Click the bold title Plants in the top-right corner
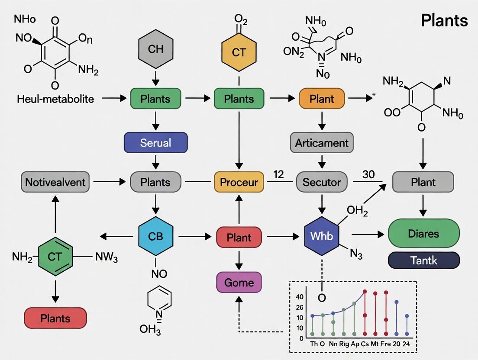pos(444,20)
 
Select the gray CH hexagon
pos(155,49)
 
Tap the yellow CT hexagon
pos(239,52)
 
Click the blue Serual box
pos(155,143)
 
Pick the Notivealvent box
pos(55,182)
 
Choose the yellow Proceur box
pos(239,182)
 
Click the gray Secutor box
pos(322,182)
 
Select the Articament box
pos(322,143)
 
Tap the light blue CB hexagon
pos(155,236)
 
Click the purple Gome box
pos(239,283)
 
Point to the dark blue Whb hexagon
pos(321,236)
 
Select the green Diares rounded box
pos(423,234)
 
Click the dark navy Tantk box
pos(423,260)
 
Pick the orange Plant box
pos(322,99)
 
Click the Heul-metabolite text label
pos(55,99)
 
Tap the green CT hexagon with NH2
pos(55,257)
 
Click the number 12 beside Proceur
pos(278,174)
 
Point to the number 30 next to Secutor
pos(368,174)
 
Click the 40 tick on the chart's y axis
pos(300,297)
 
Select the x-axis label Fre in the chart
pos(384,344)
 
